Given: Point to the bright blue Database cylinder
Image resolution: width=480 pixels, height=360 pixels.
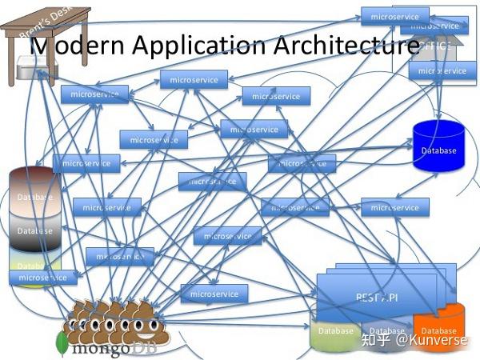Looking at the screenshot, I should pos(438,146).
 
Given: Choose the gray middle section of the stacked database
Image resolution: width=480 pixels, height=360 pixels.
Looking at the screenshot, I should pos(35,230).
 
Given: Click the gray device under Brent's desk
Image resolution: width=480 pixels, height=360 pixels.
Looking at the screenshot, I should pos(32,70).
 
